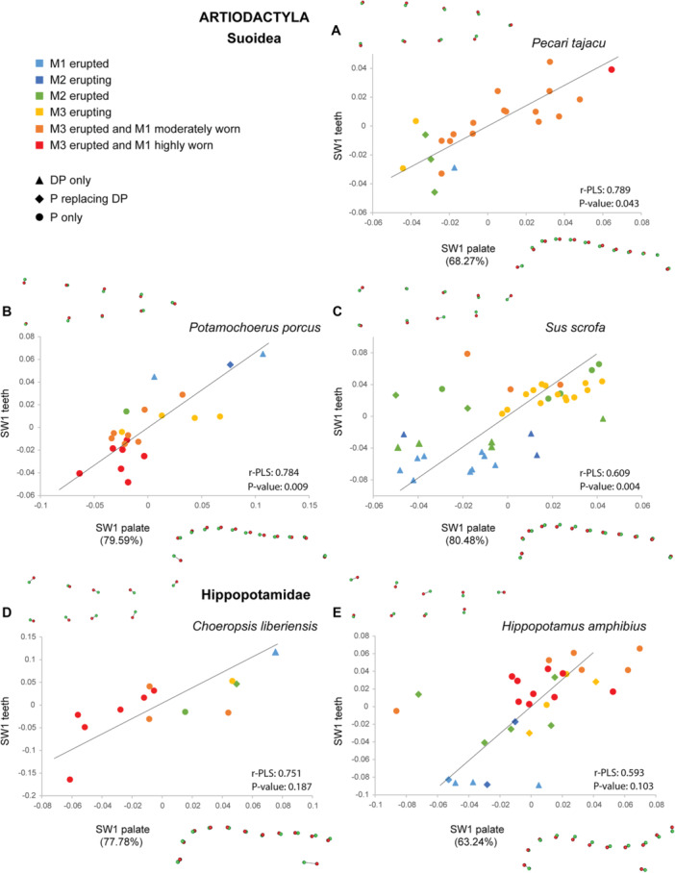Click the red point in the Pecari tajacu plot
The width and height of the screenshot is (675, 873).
611,69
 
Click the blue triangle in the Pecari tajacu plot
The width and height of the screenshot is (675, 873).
455,167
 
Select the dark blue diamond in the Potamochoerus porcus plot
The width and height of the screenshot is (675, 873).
230,364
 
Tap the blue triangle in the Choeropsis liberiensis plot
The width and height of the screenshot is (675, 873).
275,652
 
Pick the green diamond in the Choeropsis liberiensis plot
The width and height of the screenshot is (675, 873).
237,684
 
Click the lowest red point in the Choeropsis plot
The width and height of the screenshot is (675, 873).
69,780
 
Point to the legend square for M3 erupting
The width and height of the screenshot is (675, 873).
39,112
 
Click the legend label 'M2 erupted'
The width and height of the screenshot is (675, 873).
79,96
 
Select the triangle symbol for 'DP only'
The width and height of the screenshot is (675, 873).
39,181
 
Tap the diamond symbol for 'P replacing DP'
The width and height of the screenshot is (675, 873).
39,199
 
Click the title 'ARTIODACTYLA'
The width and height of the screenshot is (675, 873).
254,17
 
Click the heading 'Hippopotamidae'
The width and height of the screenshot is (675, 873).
256,594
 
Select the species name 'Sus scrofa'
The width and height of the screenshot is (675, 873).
575,327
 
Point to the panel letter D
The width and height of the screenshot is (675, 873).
7,612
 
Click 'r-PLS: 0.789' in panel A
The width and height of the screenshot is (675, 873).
605,189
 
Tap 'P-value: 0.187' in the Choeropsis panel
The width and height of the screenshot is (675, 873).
281,786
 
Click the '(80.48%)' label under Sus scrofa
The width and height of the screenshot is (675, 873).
467,540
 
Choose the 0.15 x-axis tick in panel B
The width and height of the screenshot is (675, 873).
310,505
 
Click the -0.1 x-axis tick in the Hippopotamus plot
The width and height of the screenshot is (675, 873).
376,805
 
